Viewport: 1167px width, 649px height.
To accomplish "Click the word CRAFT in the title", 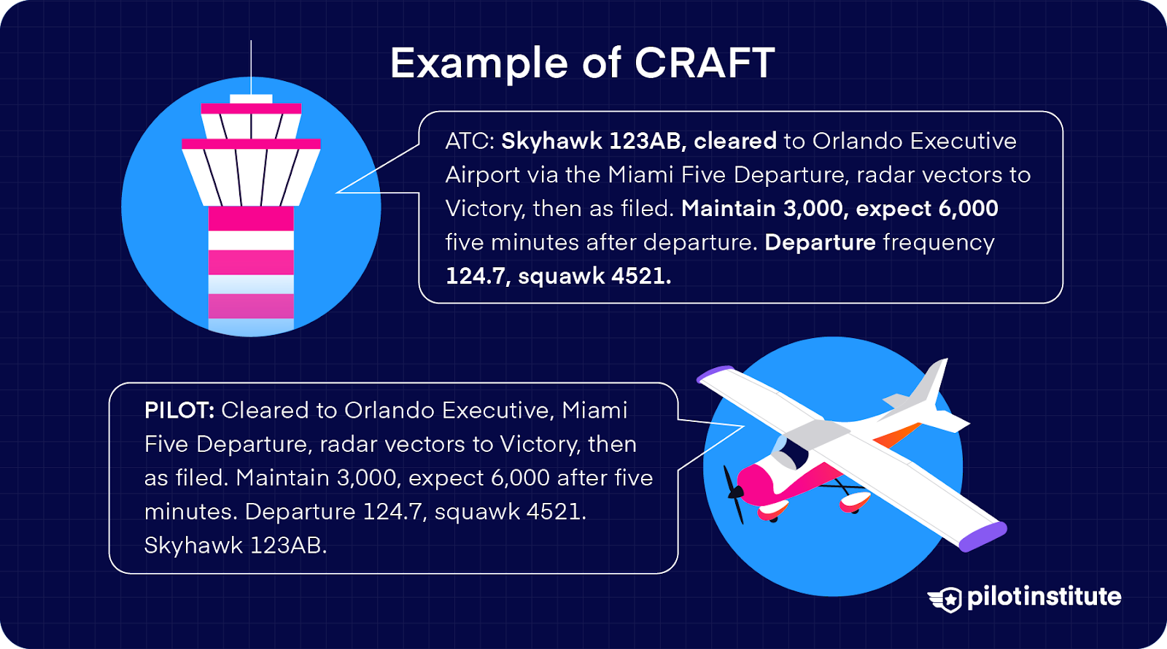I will [704, 63].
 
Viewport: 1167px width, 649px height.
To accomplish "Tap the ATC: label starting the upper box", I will [470, 141].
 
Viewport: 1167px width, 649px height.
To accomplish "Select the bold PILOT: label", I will [179, 410].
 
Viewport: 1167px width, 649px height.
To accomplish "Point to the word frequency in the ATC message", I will [939, 242].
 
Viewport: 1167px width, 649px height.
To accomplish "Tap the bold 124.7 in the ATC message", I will [478, 276].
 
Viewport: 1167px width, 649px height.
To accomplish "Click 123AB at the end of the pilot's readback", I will [288, 545].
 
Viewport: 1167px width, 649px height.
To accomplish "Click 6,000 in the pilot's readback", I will [520, 478].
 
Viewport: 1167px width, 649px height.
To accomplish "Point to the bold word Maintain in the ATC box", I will [728, 209].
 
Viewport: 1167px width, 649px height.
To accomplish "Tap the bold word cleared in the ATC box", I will [734, 141].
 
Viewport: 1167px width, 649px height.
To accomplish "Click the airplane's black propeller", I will [733, 494].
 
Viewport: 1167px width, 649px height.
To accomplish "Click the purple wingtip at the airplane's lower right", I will [983, 537].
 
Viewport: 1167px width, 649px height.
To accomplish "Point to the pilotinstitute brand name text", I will [1044, 597].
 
